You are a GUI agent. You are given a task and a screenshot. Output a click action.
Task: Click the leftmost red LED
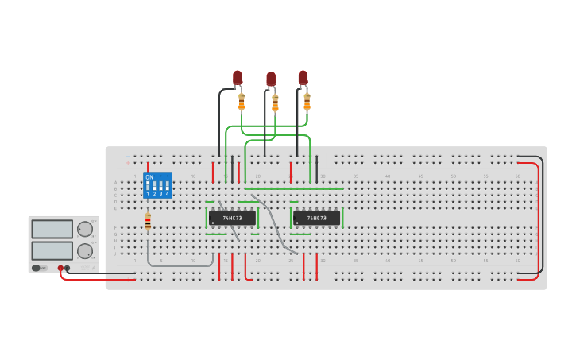tap(238, 77)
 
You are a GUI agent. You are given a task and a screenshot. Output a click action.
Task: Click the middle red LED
tap(271, 79)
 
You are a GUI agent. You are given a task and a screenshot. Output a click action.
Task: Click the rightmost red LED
tap(303, 77)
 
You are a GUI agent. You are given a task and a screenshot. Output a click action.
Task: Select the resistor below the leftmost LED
tap(242, 102)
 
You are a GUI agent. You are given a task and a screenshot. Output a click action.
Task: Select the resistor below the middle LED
tap(275, 103)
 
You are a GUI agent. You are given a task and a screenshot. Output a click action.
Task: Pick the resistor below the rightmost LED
tap(307, 102)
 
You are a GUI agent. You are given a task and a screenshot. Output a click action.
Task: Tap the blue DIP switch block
tap(157, 185)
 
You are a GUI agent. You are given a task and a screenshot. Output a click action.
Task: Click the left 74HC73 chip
tap(232, 218)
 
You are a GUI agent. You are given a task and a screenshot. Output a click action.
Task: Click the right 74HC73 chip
tap(316, 218)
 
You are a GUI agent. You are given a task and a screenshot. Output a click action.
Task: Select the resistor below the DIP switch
tap(148, 222)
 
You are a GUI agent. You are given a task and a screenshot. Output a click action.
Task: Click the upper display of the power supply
tap(52, 229)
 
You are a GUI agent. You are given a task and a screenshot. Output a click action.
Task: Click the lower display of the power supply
tap(52, 250)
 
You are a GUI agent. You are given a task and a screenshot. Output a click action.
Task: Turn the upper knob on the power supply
tap(84, 230)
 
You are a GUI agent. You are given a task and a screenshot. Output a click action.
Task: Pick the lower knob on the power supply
tap(84, 251)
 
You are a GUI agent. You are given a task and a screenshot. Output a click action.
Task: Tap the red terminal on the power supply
tap(60, 268)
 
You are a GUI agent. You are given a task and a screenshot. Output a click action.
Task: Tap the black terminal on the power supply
tap(68, 268)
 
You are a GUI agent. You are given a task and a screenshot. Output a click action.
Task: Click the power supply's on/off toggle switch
tap(38, 268)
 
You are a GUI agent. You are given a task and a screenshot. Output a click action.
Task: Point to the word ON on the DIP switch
tap(149, 177)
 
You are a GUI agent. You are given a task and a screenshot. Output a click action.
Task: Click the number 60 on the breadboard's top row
tap(518, 176)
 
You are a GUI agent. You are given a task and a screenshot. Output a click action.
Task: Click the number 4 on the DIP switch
tap(167, 194)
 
